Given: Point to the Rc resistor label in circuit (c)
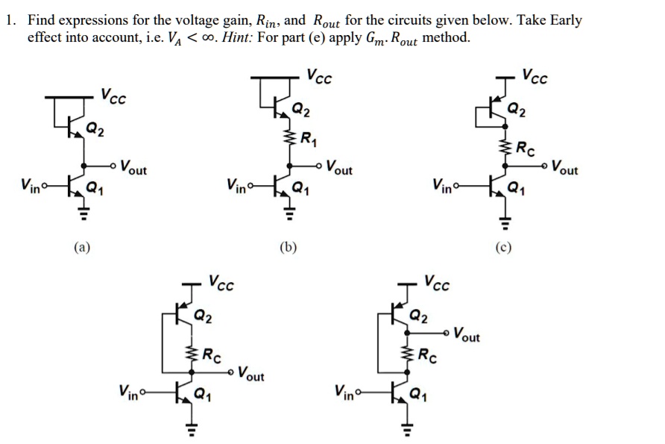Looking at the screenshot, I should coord(526,145).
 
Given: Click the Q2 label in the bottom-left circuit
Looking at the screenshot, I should coord(204,316).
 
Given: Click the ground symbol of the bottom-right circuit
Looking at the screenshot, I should coord(407,428).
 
